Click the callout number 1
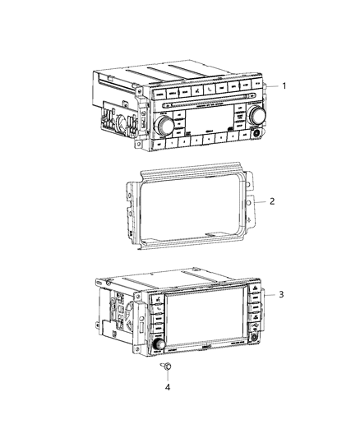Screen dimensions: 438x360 [284, 85]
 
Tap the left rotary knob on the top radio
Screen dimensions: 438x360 [160, 125]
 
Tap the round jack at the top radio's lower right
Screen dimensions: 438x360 [260, 132]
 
